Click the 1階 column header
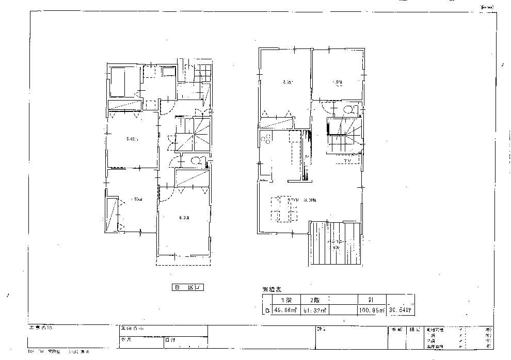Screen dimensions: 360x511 [x=285, y=300]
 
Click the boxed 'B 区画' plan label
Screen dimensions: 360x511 [x=188, y=288]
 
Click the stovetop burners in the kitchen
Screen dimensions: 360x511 [x=267, y=138]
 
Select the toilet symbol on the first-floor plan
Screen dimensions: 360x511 [x=196, y=160]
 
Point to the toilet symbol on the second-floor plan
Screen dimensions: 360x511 [x=349, y=109]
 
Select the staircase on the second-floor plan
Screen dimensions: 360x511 [x=344, y=136]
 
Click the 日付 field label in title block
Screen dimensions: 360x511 [x=170, y=340]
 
